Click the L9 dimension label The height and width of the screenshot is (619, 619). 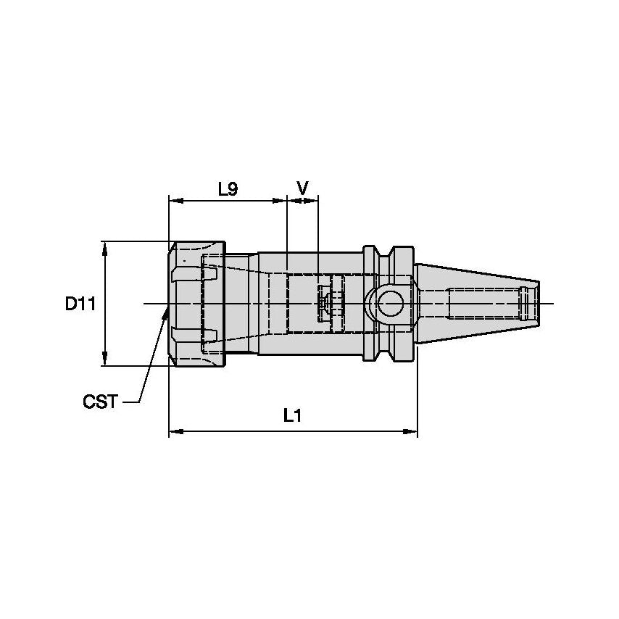[228, 189]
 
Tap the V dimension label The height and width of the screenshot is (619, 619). [302, 188]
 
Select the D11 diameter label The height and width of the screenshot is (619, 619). [80, 304]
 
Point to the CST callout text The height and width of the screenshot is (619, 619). [100, 402]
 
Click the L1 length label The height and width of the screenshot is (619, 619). [292, 415]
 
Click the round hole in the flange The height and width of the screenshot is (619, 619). [391, 303]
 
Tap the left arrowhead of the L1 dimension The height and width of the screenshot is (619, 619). [175, 433]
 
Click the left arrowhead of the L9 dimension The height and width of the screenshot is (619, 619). [175, 201]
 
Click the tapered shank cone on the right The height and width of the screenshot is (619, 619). [478, 303]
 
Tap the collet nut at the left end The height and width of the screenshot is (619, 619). [196, 304]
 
